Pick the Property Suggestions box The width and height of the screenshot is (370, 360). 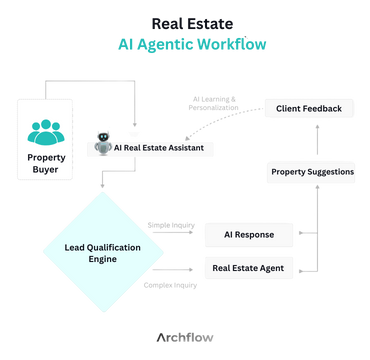pyautogui.click(x=311, y=172)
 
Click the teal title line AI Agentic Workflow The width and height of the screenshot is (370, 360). pyautogui.click(x=185, y=45)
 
